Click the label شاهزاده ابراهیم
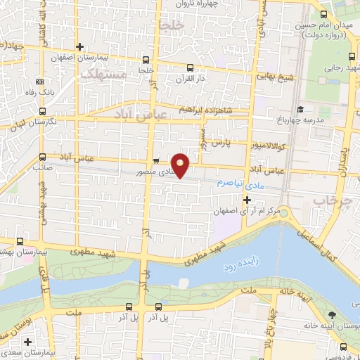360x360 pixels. point(209,111)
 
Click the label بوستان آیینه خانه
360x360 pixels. point(330,326)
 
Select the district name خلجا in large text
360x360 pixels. point(171,27)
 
